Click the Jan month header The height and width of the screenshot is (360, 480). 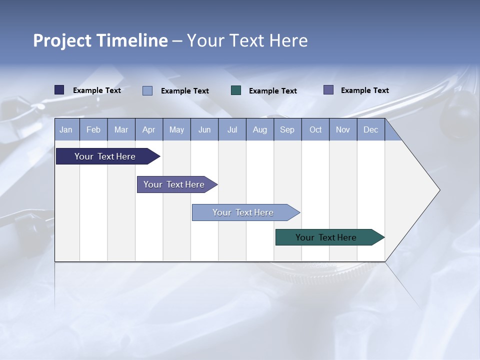point(66,129)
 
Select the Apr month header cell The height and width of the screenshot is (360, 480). point(149,129)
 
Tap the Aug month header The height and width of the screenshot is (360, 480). point(260,129)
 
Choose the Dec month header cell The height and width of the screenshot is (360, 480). point(370,129)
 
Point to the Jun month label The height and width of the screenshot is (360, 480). point(204,129)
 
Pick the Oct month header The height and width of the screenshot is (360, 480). point(315,129)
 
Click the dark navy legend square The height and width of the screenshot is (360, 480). point(59,90)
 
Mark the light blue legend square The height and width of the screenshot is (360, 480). point(147,90)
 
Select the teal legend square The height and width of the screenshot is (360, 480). point(236,90)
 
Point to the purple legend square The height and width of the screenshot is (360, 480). point(328,90)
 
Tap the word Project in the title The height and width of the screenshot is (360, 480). point(62,40)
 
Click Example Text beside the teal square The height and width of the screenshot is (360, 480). point(273,90)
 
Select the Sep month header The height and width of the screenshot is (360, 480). point(287,129)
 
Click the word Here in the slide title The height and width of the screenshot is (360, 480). point(288,40)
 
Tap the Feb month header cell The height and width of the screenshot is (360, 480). point(93,129)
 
